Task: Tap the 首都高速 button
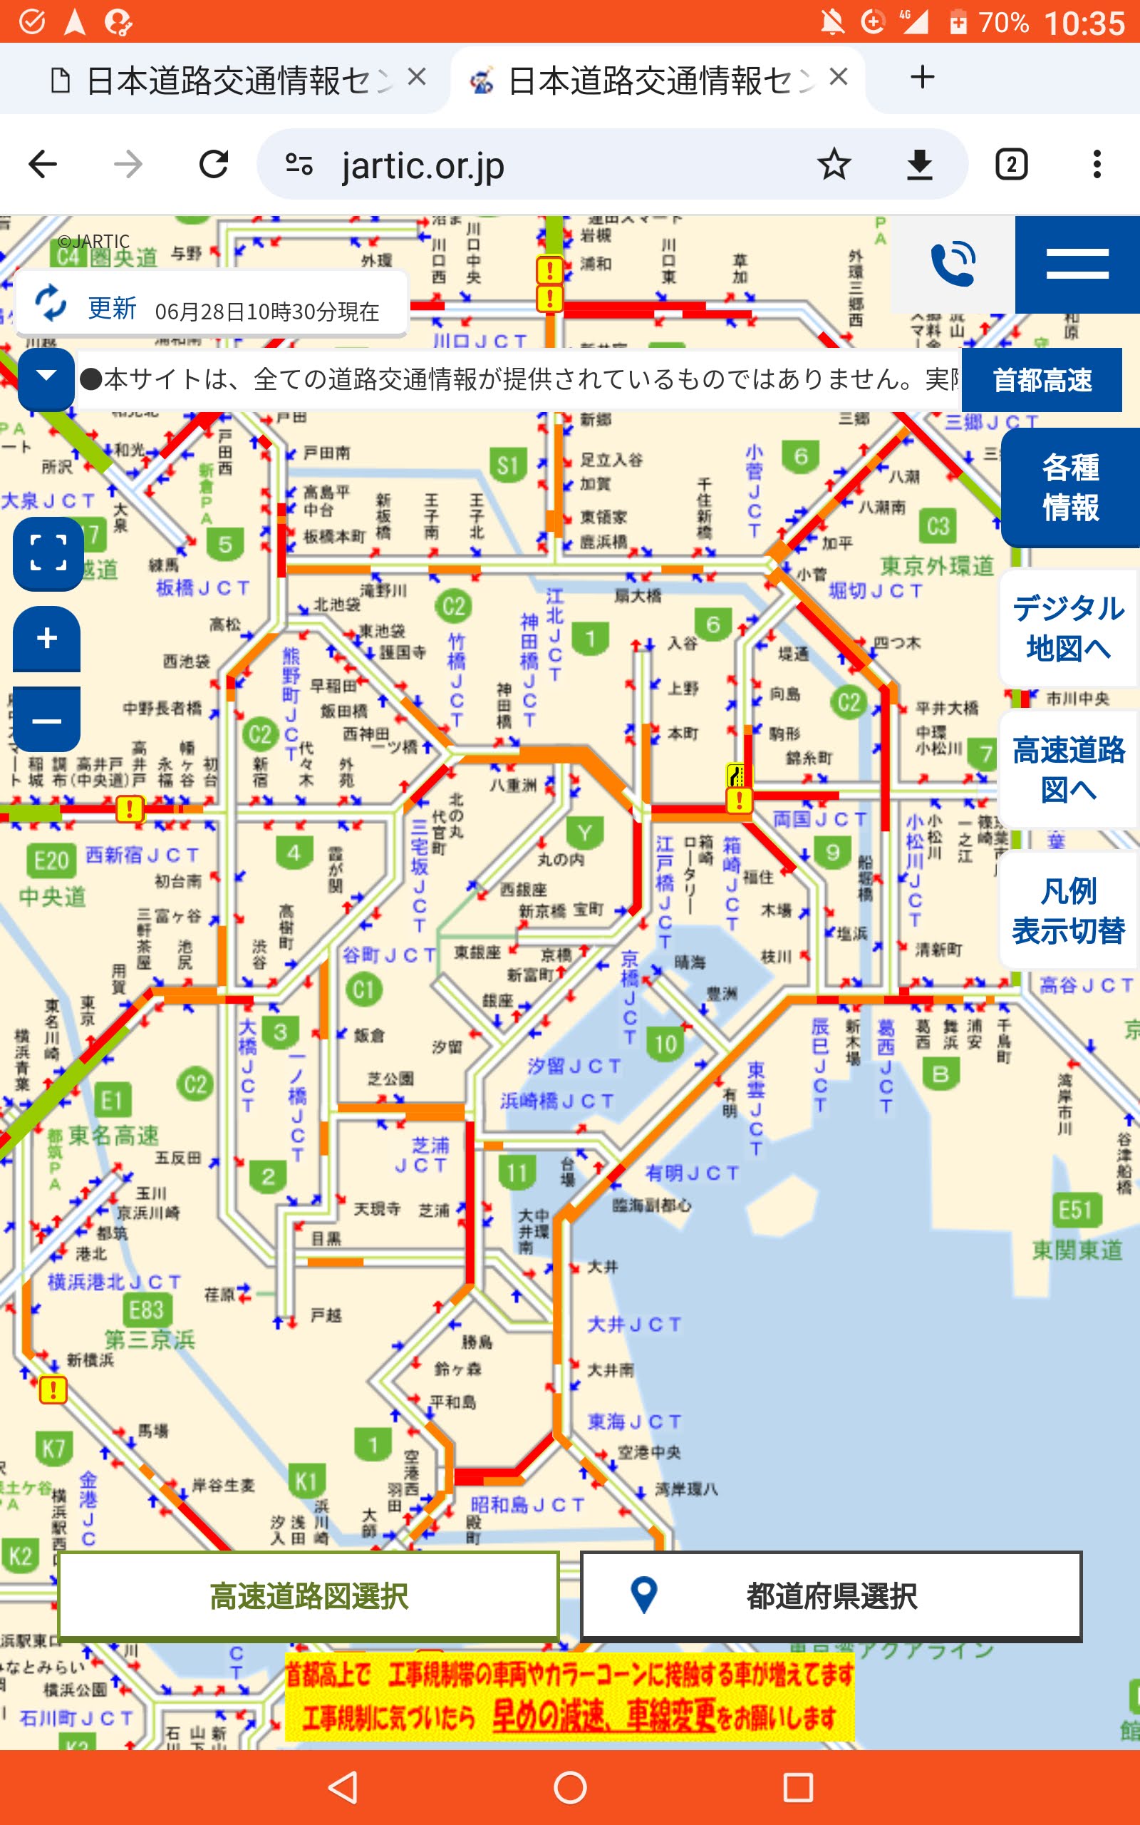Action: pos(1041,380)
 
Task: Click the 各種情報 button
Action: pos(1070,487)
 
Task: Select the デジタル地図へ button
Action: pos(1067,627)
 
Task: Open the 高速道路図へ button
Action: pos(1067,769)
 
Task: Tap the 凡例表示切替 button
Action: pos(1067,910)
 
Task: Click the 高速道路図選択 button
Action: pos(309,1595)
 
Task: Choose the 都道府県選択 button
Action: pos(831,1595)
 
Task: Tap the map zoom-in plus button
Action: pos(47,638)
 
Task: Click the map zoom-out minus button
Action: pos(47,720)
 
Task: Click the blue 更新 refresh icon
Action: pos(51,303)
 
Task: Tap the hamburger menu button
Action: pos(1077,264)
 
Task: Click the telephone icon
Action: pos(953,264)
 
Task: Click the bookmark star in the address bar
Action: pos(834,164)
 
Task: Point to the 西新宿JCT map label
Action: pos(142,855)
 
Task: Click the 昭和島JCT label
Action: pos(527,1504)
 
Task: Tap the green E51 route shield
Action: pos(1075,1210)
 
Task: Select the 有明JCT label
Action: pos(691,1173)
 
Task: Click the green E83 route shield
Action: pos(146,1310)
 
